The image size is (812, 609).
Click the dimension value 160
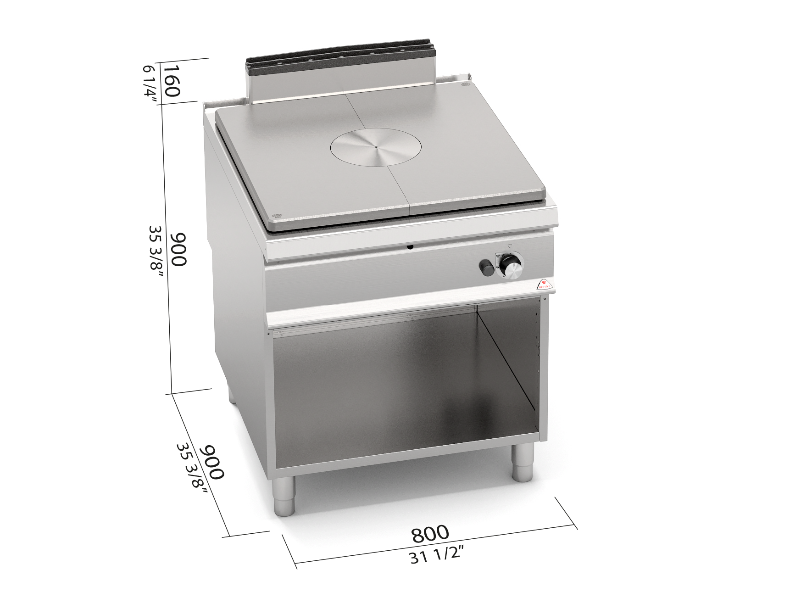pos(171,81)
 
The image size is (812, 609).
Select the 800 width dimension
pos(429,534)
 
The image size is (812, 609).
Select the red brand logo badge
pos(546,285)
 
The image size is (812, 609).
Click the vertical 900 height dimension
pos(178,249)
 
